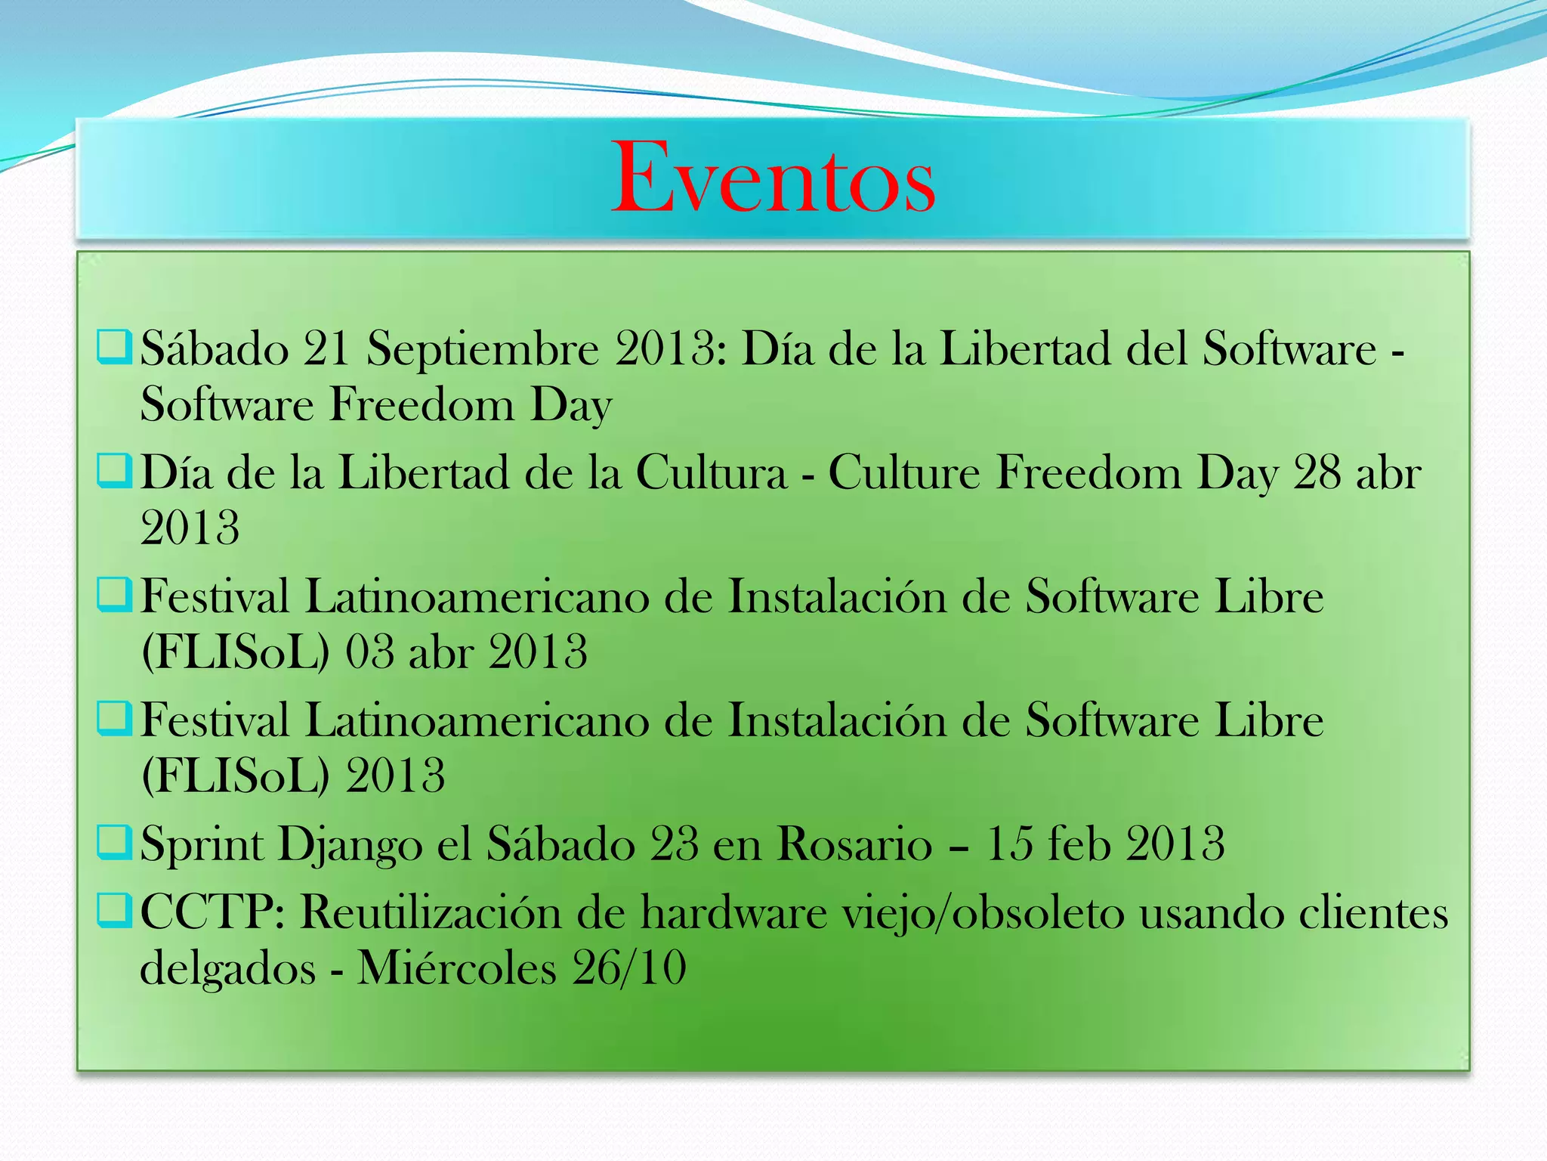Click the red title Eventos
point(773,178)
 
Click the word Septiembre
point(483,349)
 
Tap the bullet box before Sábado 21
point(115,347)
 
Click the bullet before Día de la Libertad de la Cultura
point(115,470)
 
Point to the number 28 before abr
point(1318,473)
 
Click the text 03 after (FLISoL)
point(369,652)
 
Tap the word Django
point(350,845)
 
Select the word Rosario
point(854,844)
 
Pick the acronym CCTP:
point(212,912)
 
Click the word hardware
point(733,912)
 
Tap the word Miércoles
point(457,968)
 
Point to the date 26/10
point(629,968)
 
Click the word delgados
point(227,968)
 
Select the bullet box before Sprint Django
point(115,841)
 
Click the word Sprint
point(202,845)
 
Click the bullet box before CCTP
point(115,910)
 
